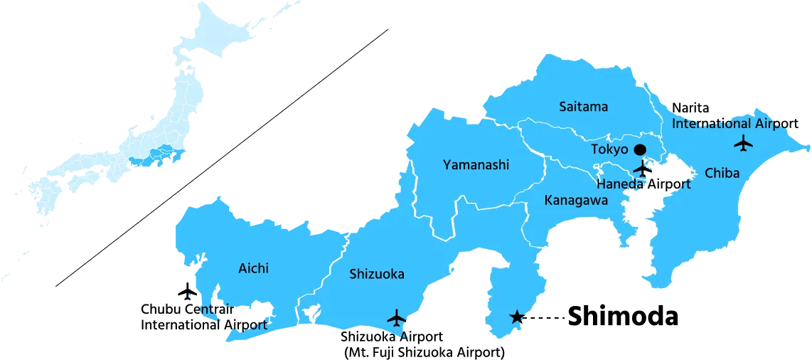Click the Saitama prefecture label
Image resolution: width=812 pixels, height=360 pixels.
tap(583, 107)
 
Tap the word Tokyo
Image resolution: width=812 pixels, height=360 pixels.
tap(609, 149)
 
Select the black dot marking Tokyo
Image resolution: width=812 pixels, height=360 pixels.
tap(639, 149)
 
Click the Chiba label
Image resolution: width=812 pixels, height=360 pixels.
tap(722, 173)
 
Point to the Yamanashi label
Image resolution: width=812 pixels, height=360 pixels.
tap(476, 165)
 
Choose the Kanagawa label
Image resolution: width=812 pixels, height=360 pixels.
tap(575, 200)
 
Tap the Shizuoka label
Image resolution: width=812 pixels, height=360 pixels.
tap(376, 274)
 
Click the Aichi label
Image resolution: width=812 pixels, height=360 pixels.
tap(253, 268)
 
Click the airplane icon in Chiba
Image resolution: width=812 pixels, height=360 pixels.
tap(743, 143)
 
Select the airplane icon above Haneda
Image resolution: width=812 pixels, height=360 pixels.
tap(642, 169)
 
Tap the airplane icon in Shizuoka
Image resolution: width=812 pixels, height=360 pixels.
tap(396, 317)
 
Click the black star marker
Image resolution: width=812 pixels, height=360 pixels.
tap(517, 317)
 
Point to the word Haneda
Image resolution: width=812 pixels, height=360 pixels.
tap(620, 184)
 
